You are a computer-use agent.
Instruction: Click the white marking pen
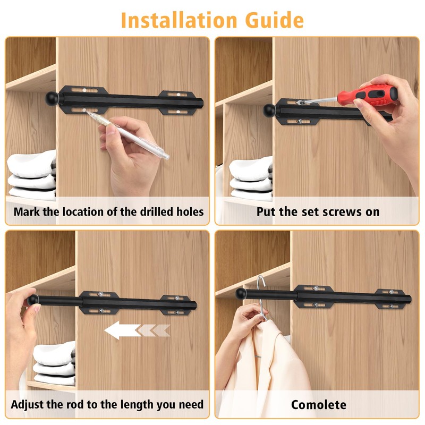[x=136, y=137]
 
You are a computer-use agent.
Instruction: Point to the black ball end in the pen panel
[x=53, y=98]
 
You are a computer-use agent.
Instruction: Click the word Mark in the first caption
[x=25, y=211]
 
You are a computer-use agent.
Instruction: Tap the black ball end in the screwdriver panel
[x=270, y=110]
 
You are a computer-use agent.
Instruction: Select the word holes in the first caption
[x=189, y=211]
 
